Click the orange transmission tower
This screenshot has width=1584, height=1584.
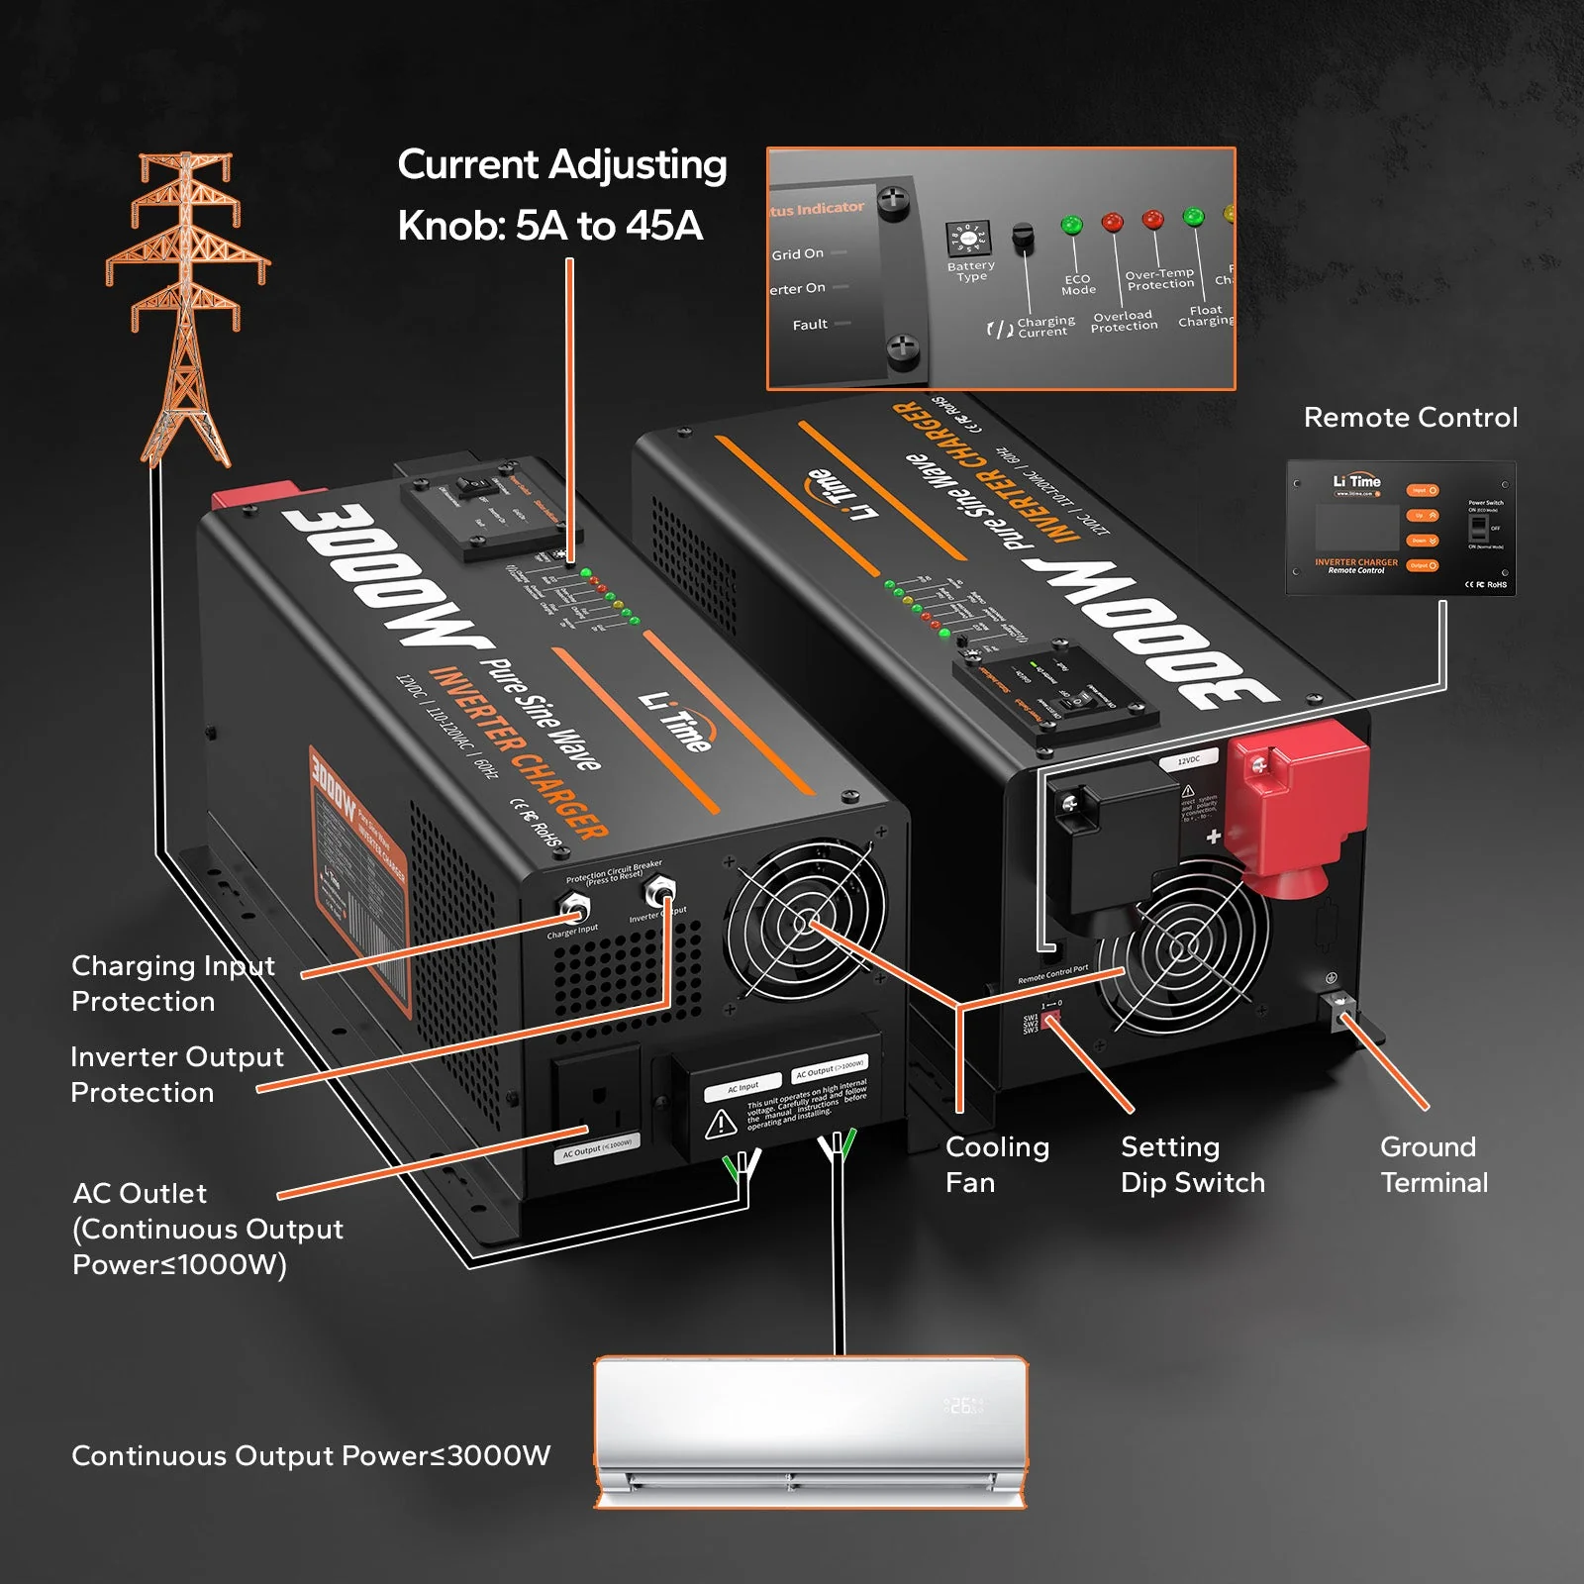(x=186, y=307)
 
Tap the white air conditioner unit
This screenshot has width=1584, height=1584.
(x=810, y=1431)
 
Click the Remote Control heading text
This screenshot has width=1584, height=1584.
(x=1410, y=418)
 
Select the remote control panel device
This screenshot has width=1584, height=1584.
(x=1400, y=528)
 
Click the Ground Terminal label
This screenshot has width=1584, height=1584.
(x=1434, y=1164)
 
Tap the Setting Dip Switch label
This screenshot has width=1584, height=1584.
(x=1192, y=1164)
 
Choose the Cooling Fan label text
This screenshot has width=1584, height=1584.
(x=996, y=1164)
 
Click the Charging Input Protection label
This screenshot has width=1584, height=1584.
(x=173, y=983)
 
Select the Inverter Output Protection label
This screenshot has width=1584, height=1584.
(x=176, y=1074)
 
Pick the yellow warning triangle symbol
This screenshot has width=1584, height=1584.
(x=720, y=1124)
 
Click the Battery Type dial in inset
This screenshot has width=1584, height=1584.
(x=966, y=239)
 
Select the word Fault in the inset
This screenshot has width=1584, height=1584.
(x=810, y=325)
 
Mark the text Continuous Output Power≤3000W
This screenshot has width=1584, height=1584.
(x=311, y=1455)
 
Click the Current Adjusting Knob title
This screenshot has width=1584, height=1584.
(x=561, y=195)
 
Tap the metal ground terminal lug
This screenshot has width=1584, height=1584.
(x=1343, y=1010)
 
